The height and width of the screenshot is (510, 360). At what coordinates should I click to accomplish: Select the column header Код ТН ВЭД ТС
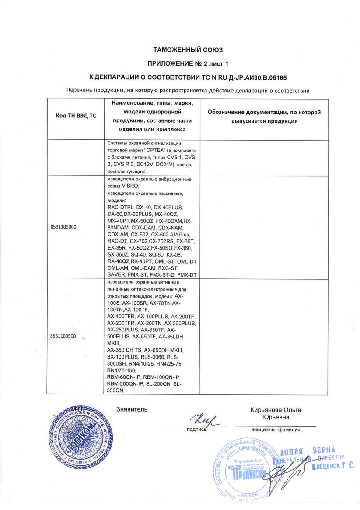click(76, 116)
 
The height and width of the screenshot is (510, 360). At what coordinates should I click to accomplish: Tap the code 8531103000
click(63, 227)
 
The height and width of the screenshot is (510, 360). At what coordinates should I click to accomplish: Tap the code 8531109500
click(63, 336)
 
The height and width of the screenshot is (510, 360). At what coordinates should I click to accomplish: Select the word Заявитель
click(132, 409)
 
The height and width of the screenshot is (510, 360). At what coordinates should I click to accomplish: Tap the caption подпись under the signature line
click(196, 429)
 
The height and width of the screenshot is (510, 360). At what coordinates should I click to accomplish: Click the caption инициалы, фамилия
click(276, 429)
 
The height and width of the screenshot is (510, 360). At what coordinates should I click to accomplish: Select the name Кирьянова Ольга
click(276, 410)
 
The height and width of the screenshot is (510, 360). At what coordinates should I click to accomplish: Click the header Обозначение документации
click(264, 113)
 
